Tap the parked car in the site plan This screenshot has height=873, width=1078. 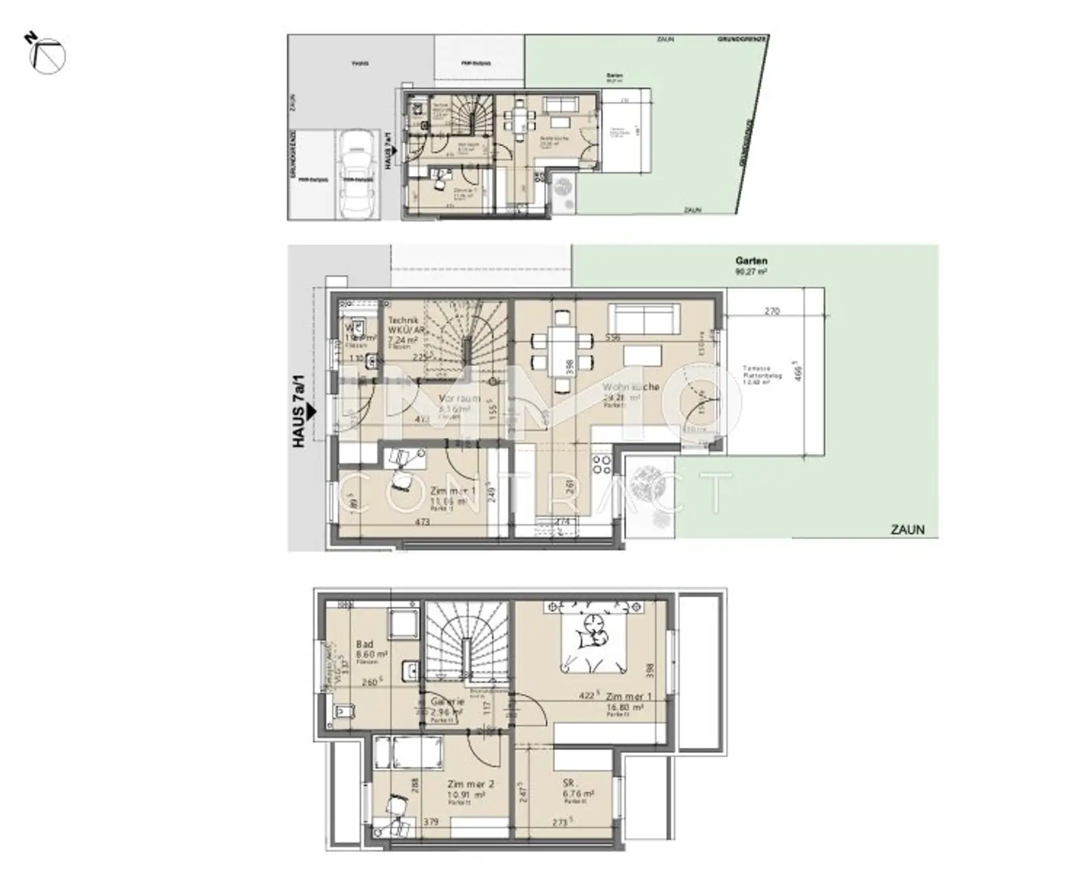click(x=357, y=175)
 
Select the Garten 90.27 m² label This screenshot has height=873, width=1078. click(x=751, y=265)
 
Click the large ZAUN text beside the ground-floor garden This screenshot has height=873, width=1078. click(x=907, y=530)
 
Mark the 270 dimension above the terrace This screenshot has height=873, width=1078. click(x=771, y=311)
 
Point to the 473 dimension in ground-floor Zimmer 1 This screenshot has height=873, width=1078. click(x=422, y=522)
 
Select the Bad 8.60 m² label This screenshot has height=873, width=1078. click(x=371, y=648)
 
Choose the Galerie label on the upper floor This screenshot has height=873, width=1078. click(x=447, y=702)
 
